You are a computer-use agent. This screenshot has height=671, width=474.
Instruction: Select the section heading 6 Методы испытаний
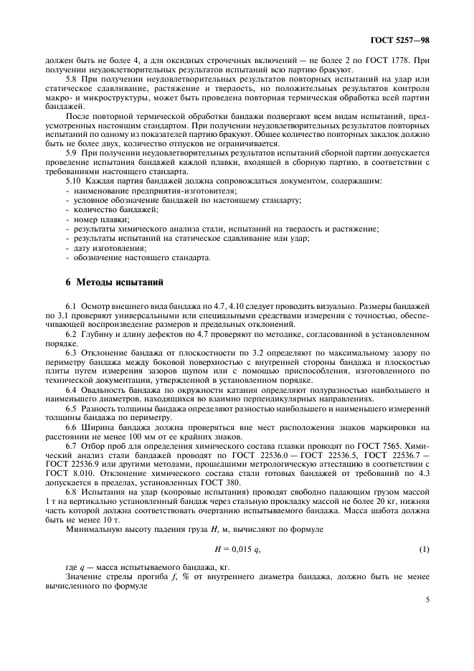pos(105,282)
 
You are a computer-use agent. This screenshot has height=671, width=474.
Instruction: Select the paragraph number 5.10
pos(73,181)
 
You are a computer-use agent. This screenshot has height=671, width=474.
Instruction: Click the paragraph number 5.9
pos(71,153)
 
